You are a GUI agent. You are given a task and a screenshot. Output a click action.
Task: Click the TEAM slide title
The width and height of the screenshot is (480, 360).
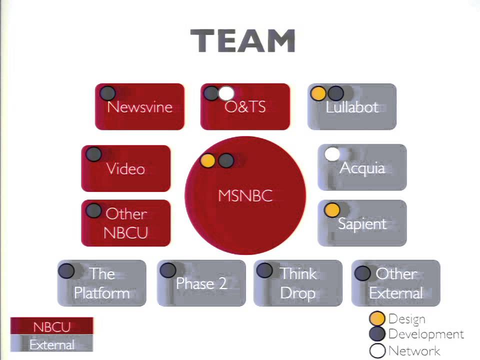point(243,41)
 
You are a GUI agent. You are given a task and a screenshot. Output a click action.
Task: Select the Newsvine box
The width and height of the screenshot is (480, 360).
point(139,106)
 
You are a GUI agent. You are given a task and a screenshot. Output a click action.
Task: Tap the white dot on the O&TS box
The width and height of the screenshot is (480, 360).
point(226,93)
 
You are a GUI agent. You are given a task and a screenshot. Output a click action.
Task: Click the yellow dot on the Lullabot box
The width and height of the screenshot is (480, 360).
point(318,93)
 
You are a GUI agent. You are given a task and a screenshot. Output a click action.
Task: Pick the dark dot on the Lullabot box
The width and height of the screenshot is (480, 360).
point(335,93)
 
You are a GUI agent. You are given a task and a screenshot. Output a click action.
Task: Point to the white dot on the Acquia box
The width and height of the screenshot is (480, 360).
point(332,154)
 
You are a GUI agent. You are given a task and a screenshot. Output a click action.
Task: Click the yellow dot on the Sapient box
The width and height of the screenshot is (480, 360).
point(332,210)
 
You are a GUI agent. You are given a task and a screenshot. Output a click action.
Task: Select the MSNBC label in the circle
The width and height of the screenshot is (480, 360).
point(245,195)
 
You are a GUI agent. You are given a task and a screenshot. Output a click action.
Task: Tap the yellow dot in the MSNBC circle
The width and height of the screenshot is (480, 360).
point(208,160)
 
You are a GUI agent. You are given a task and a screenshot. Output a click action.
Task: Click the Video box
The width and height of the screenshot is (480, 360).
point(126,168)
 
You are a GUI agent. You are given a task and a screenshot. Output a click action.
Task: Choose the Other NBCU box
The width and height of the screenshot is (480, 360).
point(126,223)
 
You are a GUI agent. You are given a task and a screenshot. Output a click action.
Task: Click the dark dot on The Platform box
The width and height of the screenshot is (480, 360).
point(66,270)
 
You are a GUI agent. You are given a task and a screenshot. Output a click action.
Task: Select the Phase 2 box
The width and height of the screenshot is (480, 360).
point(201,283)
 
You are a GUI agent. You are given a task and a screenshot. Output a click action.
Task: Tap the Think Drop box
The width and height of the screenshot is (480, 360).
point(298,283)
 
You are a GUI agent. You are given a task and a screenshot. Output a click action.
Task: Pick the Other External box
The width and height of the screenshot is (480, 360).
point(396,283)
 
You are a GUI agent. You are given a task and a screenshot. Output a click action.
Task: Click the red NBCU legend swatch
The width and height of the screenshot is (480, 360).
point(51,325)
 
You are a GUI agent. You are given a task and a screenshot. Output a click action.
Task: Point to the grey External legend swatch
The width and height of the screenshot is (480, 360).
point(51,343)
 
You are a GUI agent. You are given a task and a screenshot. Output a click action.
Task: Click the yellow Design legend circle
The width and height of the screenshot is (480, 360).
point(377,318)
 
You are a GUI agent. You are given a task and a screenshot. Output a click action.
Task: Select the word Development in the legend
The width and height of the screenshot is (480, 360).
point(426,334)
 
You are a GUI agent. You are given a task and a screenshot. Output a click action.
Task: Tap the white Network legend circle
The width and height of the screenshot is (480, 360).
point(377,351)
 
